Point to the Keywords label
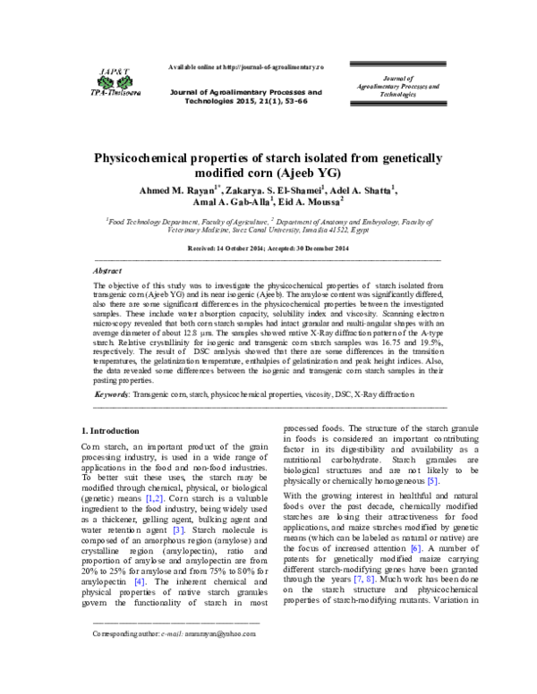tap(114, 419)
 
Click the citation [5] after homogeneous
tap(432, 481)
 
